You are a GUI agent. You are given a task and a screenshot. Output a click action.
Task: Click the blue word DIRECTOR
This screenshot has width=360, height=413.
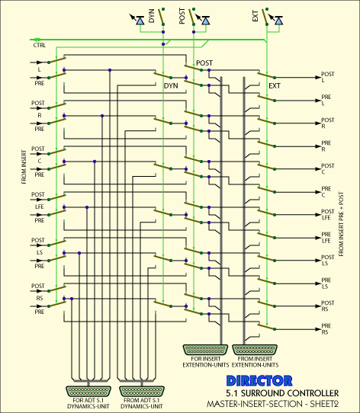pyautogui.click(x=259, y=381)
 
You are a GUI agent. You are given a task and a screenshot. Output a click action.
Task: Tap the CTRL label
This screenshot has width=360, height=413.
pyautogui.click(x=40, y=45)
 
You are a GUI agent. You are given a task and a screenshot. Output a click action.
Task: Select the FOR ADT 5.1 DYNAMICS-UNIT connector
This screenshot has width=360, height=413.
pyautogui.click(x=88, y=392)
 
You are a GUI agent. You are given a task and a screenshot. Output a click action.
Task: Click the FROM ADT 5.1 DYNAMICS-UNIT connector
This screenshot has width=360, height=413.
pyautogui.click(x=142, y=392)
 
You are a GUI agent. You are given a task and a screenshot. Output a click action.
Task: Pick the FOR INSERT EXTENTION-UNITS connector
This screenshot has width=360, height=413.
pyautogui.click(x=205, y=350)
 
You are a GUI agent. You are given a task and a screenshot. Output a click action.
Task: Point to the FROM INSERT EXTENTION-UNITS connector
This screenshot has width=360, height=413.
pyautogui.click(x=255, y=350)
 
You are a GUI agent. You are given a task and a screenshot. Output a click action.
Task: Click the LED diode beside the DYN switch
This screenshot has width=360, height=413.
pyautogui.click(x=140, y=21)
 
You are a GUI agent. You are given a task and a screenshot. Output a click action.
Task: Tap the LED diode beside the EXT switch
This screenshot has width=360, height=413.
pyautogui.click(x=278, y=21)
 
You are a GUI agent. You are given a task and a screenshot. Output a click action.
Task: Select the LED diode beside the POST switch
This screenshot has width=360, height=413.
pyautogui.click(x=206, y=21)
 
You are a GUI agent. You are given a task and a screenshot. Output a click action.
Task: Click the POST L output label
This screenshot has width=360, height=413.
pyautogui.click(x=327, y=77)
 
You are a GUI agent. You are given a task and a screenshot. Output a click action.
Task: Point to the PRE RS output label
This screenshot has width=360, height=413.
pyautogui.click(x=326, y=329)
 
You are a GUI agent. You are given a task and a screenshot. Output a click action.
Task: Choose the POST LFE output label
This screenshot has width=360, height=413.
pyautogui.click(x=327, y=215)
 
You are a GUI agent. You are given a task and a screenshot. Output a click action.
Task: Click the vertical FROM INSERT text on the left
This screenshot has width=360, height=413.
pyautogui.click(x=24, y=167)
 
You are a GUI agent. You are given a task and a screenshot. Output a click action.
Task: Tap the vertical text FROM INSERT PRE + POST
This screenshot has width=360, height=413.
pyautogui.click(x=341, y=224)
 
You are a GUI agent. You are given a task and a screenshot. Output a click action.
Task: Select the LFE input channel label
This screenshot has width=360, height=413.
pyautogui.click(x=40, y=206)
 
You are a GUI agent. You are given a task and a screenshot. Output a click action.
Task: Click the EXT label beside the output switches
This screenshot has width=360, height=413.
pyautogui.click(x=275, y=86)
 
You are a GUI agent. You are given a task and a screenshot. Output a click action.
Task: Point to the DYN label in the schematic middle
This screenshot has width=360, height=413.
pyautogui.click(x=171, y=86)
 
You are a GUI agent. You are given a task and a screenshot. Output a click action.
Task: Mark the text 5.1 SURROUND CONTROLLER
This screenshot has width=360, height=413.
pyautogui.click(x=282, y=393)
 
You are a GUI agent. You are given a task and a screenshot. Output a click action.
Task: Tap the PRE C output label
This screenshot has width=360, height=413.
pyautogui.click(x=326, y=192)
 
